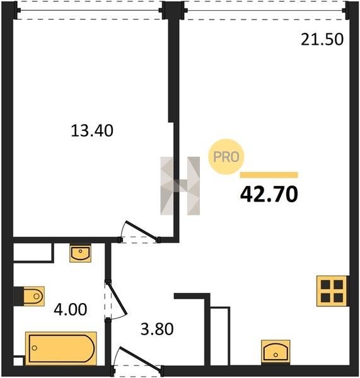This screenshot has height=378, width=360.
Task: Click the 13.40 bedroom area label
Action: click(92, 130)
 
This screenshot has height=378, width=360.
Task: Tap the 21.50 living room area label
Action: click(322, 39)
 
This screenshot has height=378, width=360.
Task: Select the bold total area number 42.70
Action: click(269, 194)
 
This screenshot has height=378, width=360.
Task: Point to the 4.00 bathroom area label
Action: click(70, 309)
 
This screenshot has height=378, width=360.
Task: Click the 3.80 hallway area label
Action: click(157, 329)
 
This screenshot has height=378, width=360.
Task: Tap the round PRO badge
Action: click(226, 157)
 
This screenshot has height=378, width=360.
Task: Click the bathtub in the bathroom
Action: click(61, 348)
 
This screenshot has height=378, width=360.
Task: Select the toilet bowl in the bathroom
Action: click(33, 296)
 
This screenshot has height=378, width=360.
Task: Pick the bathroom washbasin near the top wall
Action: click(80, 253)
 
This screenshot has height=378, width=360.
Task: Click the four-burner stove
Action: click(332, 291)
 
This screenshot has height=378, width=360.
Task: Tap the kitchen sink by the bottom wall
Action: click(276, 352)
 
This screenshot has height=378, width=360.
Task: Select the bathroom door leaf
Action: click(117, 299)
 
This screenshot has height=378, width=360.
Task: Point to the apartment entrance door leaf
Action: click(140, 358)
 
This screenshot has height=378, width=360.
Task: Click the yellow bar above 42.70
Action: click(269, 175)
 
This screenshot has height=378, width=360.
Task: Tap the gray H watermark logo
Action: click(180, 186)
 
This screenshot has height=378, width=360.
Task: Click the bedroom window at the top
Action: click(90, 10)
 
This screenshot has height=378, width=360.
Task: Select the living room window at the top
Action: click(265, 10)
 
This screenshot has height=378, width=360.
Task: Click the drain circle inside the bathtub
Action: click(35, 348)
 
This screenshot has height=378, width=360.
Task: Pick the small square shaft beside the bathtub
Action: click(18, 362)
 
